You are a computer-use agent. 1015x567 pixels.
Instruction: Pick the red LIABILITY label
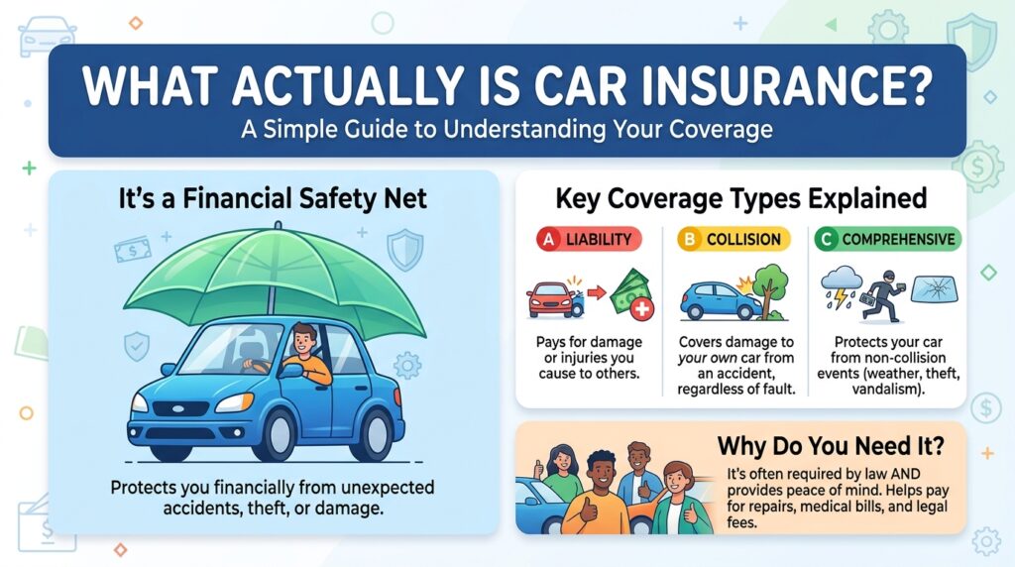587,239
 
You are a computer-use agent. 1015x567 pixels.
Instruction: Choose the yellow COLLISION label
733,239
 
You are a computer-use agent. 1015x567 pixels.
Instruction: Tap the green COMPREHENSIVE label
887,239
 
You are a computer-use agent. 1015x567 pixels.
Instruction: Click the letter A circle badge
543,239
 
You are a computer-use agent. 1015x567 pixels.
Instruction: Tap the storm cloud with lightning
840,283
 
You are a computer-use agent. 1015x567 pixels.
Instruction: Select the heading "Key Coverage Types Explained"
740,198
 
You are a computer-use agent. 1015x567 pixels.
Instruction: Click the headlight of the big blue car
234,402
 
